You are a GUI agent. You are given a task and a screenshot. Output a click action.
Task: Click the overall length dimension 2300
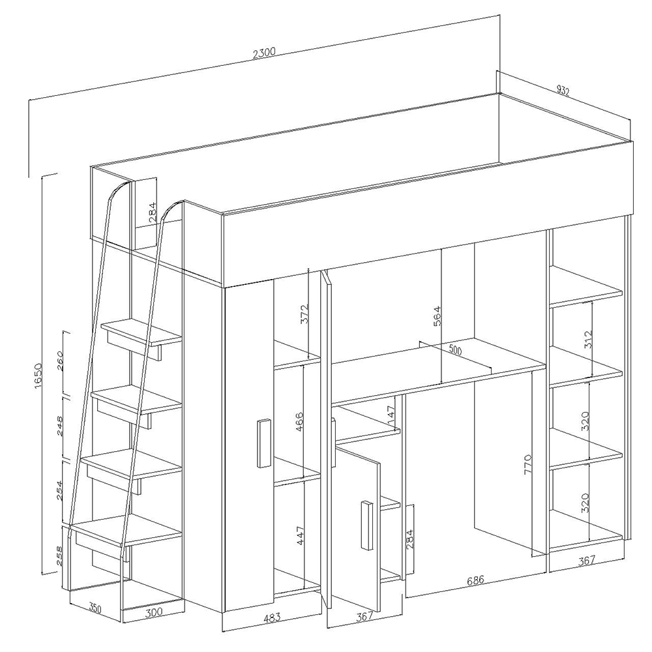click(264, 53)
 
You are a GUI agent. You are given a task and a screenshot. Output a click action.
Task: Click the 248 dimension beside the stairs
click(59, 425)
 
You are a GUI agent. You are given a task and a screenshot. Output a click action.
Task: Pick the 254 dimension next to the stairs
click(59, 490)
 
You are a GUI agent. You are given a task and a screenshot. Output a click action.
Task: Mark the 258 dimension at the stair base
click(59, 556)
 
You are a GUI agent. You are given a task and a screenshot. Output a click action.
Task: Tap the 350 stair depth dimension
click(95, 608)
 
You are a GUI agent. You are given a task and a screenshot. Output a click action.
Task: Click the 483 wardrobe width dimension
click(272, 617)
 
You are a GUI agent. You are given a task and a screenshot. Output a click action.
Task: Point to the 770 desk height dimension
click(527, 465)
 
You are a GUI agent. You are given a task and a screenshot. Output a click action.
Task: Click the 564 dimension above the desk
click(437, 316)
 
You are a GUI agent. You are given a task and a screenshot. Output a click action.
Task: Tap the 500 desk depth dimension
click(455, 349)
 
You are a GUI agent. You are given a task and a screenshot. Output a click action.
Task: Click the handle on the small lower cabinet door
click(367, 525)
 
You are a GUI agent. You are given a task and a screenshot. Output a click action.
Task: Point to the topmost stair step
click(141, 333)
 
